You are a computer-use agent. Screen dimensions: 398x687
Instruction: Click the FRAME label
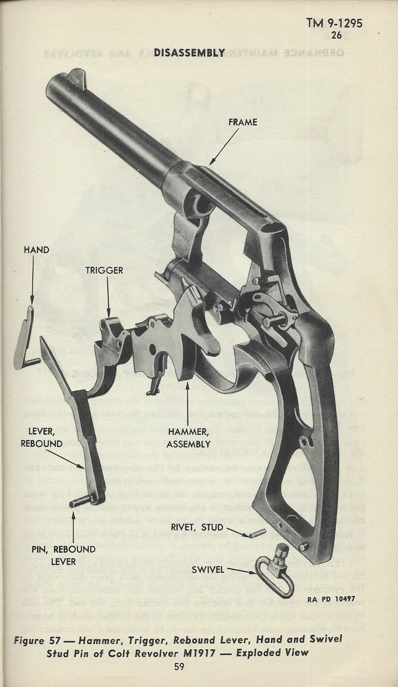243,122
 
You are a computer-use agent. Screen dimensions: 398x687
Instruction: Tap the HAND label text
36,250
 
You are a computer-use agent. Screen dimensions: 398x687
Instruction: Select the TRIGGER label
105,270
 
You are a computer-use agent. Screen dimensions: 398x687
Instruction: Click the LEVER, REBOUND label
42,437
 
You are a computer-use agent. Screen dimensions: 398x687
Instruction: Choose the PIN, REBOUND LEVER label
63,555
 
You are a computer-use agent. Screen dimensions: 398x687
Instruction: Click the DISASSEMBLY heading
189,53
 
